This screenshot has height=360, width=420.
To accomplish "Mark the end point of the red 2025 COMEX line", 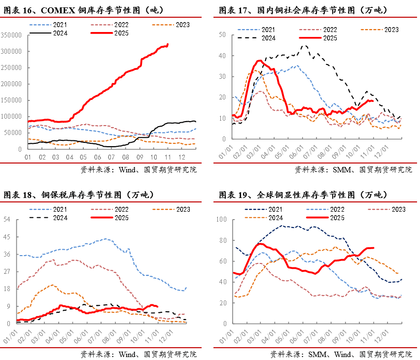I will point(168,44).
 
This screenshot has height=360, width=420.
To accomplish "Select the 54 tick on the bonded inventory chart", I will point(7,219).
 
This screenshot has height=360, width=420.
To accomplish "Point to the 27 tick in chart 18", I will point(7,271).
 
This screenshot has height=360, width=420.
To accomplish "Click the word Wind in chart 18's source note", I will point(129,354).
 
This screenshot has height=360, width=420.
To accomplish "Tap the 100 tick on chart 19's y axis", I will point(220,219).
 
